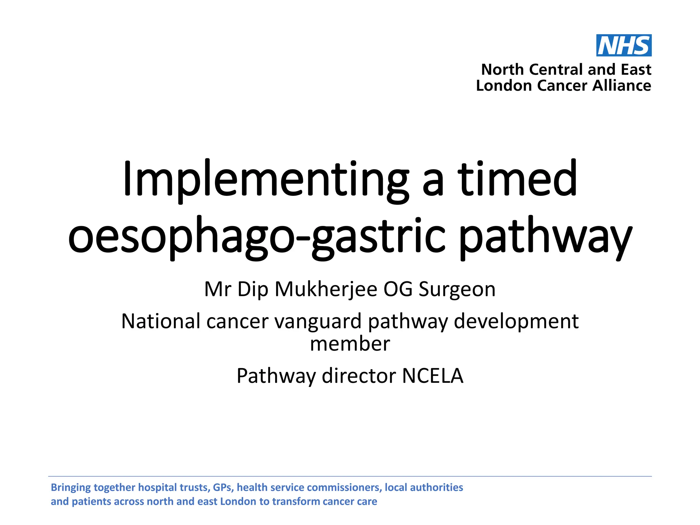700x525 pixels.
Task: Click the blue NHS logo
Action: pyautogui.click(x=624, y=45)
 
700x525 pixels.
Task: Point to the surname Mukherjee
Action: pyautogui.click(x=326, y=289)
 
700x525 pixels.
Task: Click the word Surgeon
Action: pyautogui.click(x=457, y=289)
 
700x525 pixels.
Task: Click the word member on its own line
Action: pyautogui.click(x=350, y=344)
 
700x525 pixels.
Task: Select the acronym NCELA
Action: pyautogui.click(x=433, y=376)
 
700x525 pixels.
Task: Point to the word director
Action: pyautogui.click(x=359, y=376)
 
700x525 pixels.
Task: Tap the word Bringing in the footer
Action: pyautogui.click(x=71, y=487)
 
